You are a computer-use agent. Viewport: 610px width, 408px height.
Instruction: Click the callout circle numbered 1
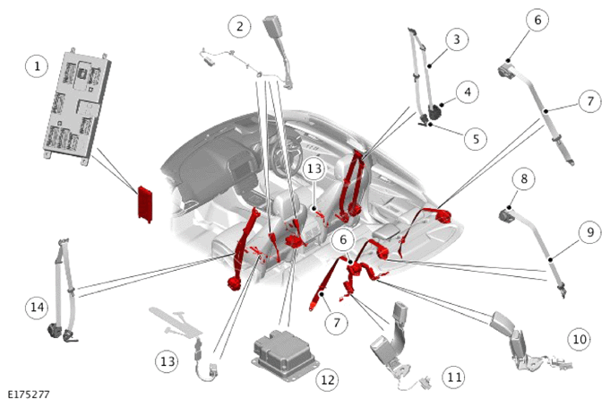(x=37, y=65)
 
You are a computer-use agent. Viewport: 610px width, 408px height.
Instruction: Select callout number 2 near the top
(x=239, y=26)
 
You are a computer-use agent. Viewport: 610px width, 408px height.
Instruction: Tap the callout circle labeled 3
(x=456, y=39)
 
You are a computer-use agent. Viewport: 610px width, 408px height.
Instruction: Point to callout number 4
(x=468, y=91)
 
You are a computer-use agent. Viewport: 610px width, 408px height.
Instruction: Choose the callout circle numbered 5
(x=476, y=139)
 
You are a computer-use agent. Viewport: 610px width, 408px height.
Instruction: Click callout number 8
(x=524, y=178)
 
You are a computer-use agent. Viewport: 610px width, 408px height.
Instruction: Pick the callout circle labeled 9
(x=590, y=232)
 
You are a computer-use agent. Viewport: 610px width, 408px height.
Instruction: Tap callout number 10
(x=580, y=339)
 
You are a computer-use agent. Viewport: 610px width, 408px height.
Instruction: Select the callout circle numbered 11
(x=454, y=377)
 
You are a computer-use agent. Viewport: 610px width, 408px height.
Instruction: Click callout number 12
(x=327, y=379)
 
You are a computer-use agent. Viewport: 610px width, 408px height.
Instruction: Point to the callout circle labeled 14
(x=37, y=308)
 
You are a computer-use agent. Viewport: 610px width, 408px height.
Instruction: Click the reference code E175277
(x=29, y=395)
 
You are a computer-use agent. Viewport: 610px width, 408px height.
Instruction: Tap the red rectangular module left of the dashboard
(x=145, y=204)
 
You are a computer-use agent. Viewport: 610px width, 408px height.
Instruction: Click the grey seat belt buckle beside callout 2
(x=279, y=50)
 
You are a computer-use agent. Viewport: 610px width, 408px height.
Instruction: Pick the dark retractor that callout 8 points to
(x=506, y=214)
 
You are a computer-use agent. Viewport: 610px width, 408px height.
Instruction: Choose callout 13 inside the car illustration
(x=314, y=169)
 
